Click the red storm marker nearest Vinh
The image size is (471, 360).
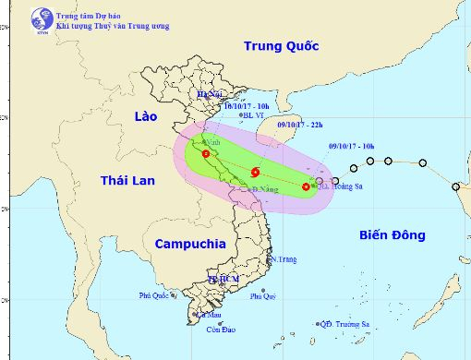[206, 154]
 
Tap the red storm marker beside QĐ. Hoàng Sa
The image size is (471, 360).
[306, 187]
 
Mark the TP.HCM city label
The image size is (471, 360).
[223, 277]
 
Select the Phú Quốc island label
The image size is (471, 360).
[156, 296]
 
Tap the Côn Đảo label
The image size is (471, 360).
[217, 330]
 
